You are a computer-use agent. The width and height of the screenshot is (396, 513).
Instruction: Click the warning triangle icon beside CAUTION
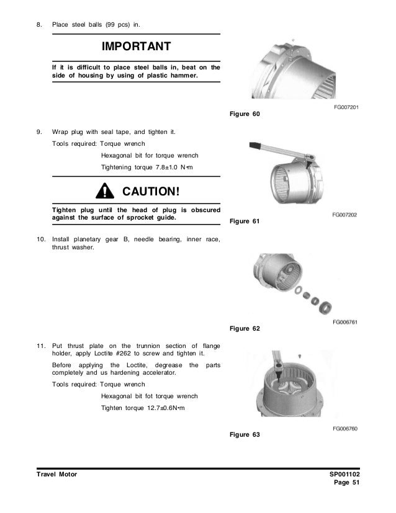106,189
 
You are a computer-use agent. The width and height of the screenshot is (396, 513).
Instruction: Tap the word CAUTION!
151,189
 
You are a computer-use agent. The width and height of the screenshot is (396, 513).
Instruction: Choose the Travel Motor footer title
56,475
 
